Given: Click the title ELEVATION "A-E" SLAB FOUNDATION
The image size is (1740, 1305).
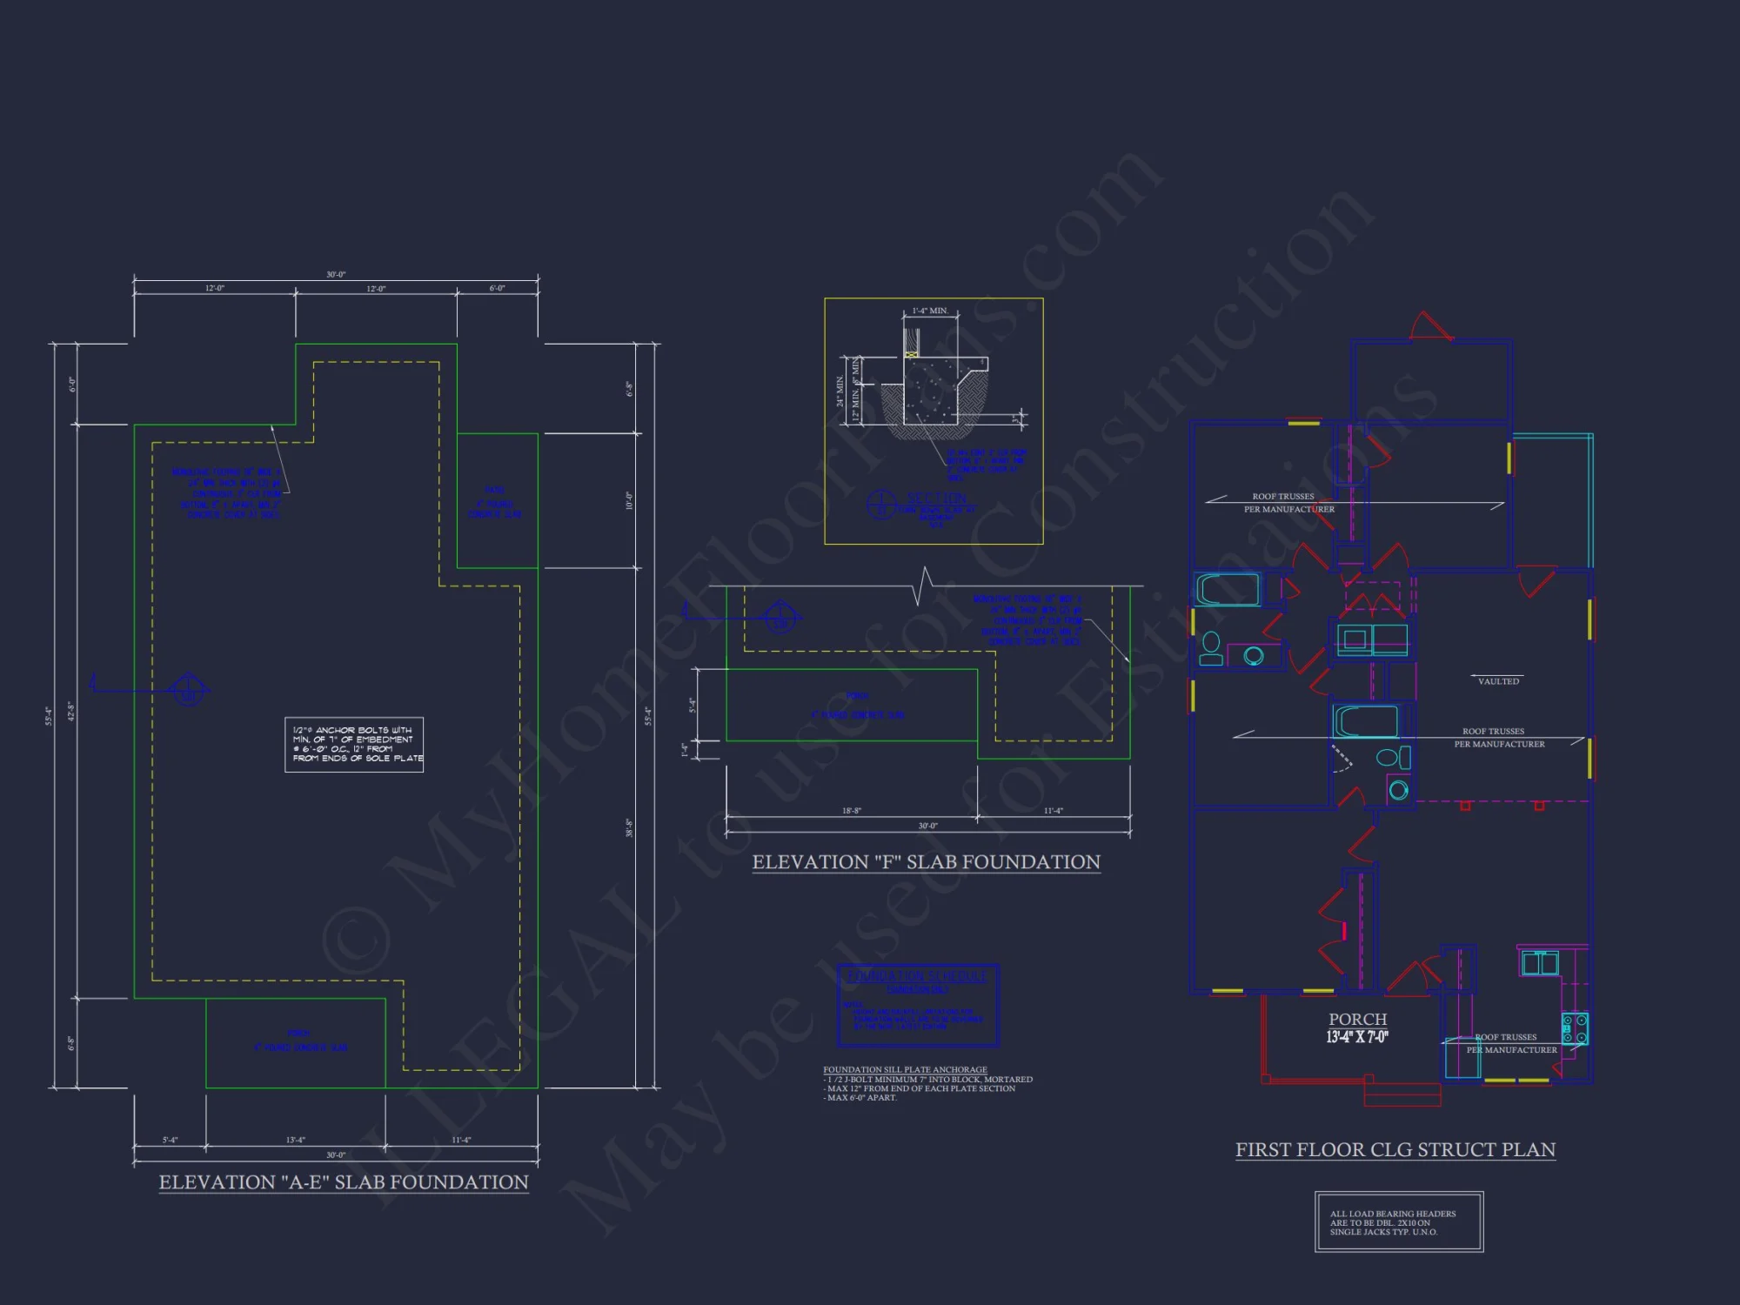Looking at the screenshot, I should [344, 1182].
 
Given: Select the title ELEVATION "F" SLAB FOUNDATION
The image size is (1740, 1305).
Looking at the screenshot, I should [926, 862].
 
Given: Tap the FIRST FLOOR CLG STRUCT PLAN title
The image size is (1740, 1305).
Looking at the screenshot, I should [1395, 1150].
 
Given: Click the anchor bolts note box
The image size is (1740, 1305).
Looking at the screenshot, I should [354, 745].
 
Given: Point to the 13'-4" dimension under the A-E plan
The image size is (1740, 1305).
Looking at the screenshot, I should [296, 1140].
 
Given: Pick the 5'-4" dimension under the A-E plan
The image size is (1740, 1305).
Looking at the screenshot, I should [170, 1140].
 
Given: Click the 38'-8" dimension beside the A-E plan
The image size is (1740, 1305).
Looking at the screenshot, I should [629, 827].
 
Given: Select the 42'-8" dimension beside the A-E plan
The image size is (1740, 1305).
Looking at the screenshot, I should [71, 712].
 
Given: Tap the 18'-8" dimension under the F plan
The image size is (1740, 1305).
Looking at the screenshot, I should [851, 811].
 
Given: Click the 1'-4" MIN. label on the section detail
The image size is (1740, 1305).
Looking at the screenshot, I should [930, 311].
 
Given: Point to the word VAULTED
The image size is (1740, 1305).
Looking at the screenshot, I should [1498, 681].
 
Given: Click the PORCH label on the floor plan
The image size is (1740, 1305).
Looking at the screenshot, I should [1357, 1019].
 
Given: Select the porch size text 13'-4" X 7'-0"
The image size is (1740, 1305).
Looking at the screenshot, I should [1357, 1037].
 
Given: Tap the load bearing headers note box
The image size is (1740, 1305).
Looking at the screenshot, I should [1399, 1222].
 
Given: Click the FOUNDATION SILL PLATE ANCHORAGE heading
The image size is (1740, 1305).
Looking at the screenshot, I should [905, 1069].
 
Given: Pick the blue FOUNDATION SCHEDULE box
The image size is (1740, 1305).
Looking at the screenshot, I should [918, 1005].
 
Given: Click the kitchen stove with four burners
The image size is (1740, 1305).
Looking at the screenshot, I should [1575, 1027].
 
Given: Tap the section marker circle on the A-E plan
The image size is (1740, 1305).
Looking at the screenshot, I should [187, 690].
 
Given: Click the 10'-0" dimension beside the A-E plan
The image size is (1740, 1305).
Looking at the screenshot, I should [629, 500].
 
